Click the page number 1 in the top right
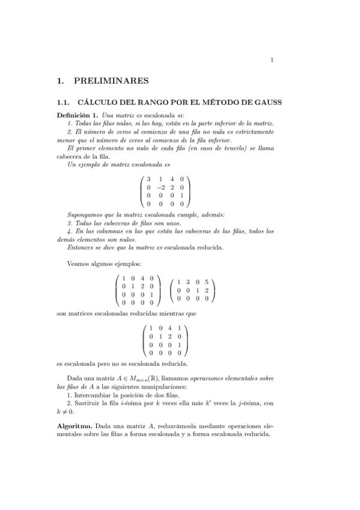point(272,59)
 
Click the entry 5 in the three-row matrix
point(206,281)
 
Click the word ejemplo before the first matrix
point(90,164)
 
